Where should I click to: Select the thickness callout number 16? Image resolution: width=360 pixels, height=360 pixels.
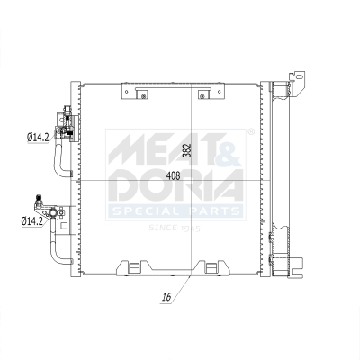click(167, 294)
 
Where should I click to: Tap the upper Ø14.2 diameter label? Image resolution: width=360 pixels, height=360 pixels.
click(38, 137)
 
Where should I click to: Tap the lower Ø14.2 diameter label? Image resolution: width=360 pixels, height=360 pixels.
click(32, 219)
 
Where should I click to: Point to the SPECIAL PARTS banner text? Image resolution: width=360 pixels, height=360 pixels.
click(176, 212)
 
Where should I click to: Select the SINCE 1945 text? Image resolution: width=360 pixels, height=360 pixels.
click(176, 228)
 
